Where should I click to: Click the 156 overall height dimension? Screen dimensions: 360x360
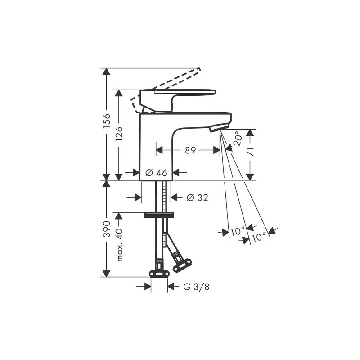(x=107, y=122)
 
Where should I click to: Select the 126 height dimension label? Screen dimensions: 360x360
(x=119, y=134)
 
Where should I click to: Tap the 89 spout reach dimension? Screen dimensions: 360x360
(x=190, y=151)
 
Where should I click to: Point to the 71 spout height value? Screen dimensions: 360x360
(x=251, y=152)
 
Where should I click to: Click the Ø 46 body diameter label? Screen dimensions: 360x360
(x=156, y=173)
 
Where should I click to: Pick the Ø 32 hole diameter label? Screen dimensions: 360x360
(x=198, y=198)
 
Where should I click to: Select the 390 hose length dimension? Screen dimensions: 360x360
(x=107, y=229)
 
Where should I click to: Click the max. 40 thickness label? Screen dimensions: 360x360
(x=120, y=245)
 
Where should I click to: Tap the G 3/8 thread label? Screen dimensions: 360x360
(x=196, y=287)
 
